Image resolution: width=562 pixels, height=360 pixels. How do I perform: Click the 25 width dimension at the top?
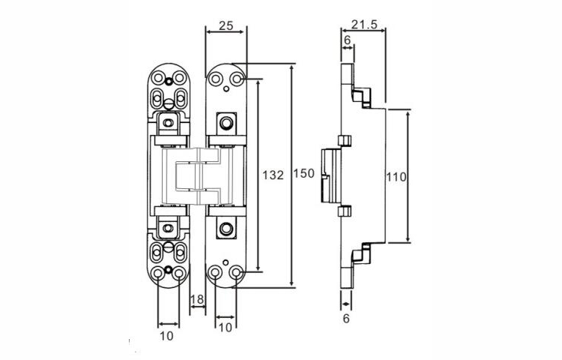pyautogui.click(x=224, y=25)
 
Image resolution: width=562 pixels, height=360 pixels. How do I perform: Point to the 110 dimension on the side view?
pyautogui.click(x=395, y=178)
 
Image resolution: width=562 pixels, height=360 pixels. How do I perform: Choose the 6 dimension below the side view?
pyautogui.click(x=345, y=319)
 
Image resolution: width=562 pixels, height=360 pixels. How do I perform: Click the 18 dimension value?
pyautogui.click(x=197, y=300)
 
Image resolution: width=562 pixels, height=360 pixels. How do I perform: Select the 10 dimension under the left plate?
pyautogui.click(x=167, y=336)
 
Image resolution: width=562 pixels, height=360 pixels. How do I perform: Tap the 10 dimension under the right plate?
pyautogui.click(x=225, y=328)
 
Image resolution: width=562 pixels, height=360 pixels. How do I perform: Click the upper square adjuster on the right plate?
pyautogui.click(x=226, y=122)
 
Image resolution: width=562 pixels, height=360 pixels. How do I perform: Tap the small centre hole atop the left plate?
pyautogui.click(x=170, y=80)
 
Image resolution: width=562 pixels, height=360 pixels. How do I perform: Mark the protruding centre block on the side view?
pyautogui.click(x=329, y=175)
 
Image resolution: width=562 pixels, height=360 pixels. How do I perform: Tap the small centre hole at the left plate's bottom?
pyautogui.click(x=170, y=271)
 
